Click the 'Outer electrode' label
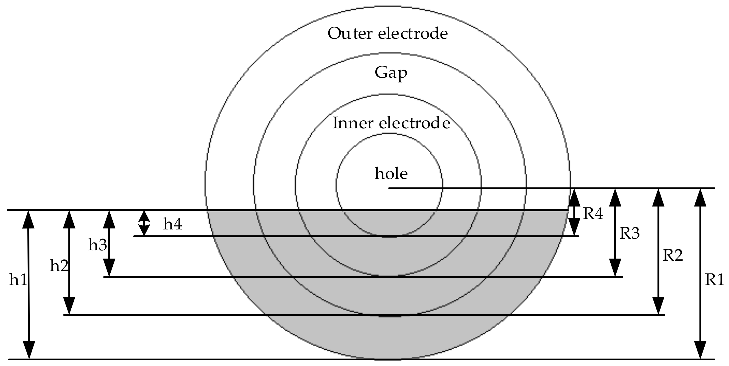(x=388, y=33)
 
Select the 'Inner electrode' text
(x=391, y=123)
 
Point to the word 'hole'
(x=391, y=173)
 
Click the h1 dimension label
(x=18, y=280)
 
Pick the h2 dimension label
(x=59, y=266)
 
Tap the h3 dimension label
(x=97, y=245)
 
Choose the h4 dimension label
(x=173, y=224)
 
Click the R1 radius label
(x=714, y=280)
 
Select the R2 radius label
(x=673, y=255)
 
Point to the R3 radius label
(x=629, y=233)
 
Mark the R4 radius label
(x=593, y=213)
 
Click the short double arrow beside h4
(x=144, y=223)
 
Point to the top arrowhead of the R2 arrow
(x=658, y=198)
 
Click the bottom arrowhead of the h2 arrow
(x=69, y=305)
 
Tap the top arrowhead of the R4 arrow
(x=574, y=198)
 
